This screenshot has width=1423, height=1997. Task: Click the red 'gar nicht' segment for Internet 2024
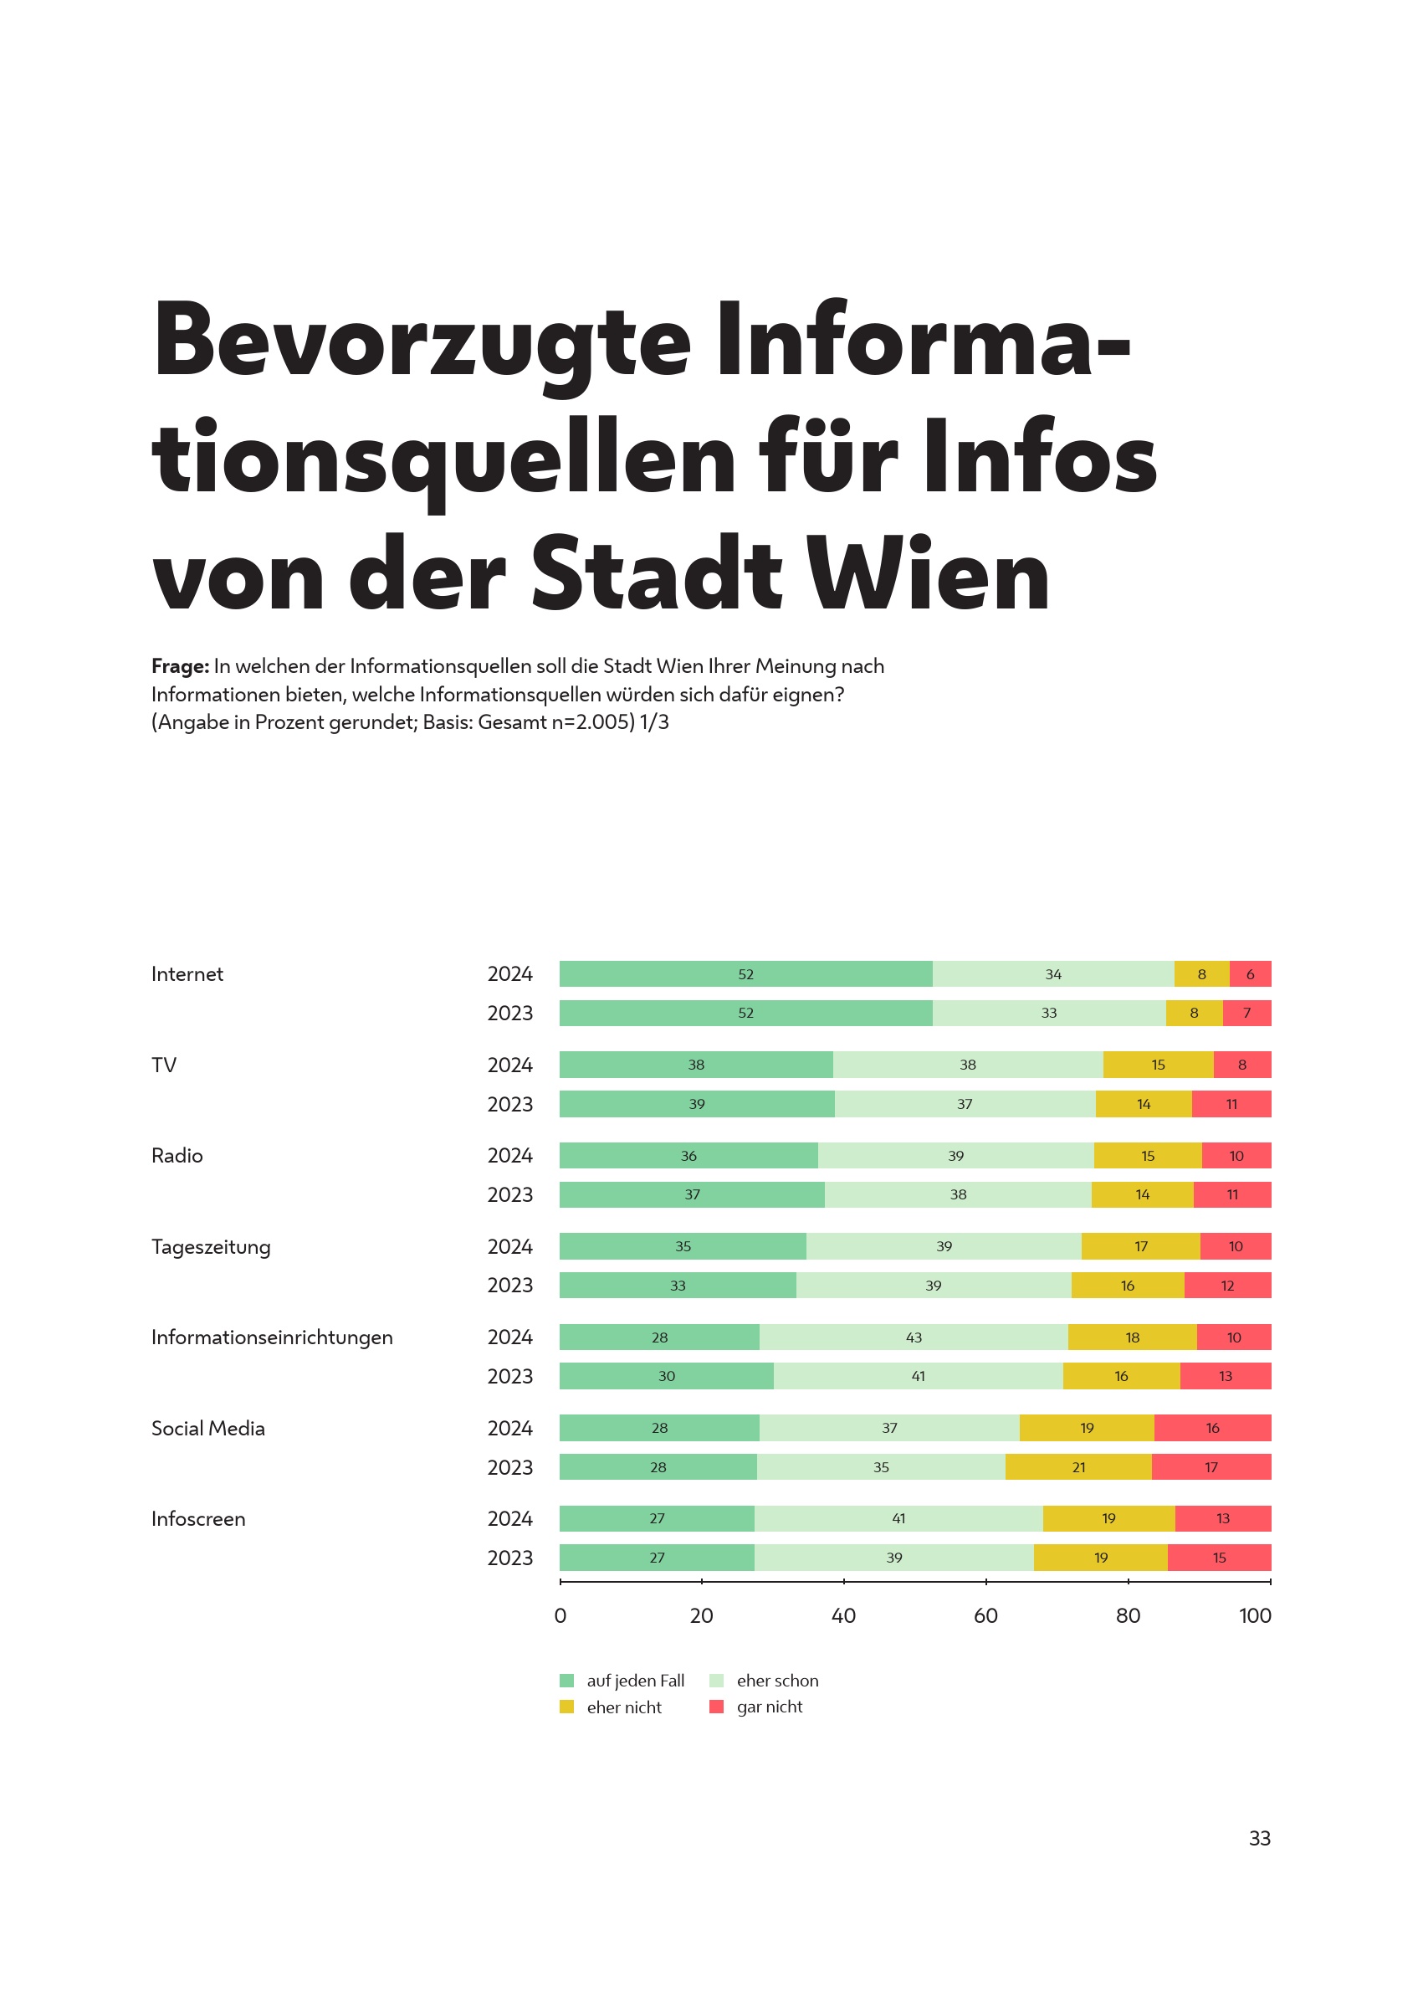click(x=1250, y=974)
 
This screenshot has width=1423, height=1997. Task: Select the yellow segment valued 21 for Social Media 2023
click(x=1077, y=1466)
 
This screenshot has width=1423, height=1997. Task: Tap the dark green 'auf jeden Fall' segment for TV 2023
click(x=697, y=1104)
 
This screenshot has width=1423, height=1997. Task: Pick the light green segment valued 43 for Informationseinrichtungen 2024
click(x=913, y=1337)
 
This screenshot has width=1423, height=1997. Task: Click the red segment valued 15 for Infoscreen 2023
click(x=1219, y=1558)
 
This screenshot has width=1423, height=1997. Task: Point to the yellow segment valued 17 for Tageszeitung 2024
click(x=1140, y=1245)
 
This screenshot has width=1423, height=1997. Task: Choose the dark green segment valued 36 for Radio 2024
click(x=688, y=1155)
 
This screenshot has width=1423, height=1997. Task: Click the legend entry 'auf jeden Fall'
click(x=623, y=1681)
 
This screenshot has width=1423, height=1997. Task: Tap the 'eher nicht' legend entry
click(x=612, y=1707)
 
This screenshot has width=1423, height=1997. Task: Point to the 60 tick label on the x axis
click(x=985, y=1615)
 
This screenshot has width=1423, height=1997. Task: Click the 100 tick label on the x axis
click(x=1255, y=1615)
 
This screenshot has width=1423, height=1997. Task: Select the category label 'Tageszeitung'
click(x=211, y=1246)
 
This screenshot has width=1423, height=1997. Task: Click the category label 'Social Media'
click(x=207, y=1428)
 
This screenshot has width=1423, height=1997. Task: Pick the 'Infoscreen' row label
click(x=198, y=1519)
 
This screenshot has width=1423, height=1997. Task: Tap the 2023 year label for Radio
click(x=510, y=1195)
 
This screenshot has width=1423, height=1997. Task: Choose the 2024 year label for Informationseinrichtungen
click(x=510, y=1337)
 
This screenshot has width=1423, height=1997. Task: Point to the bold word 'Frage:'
click(x=180, y=666)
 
